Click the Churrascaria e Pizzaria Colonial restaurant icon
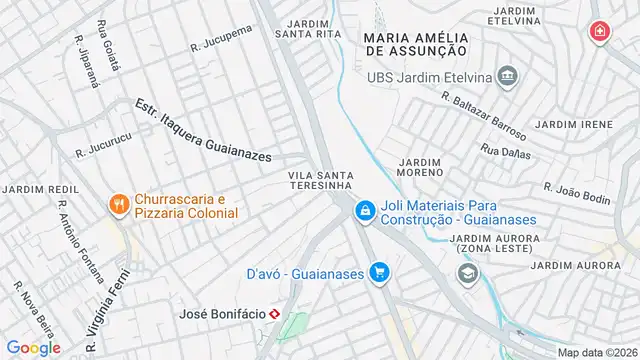(x=119, y=204)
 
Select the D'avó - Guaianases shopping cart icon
(x=378, y=271)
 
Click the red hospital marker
(x=599, y=33)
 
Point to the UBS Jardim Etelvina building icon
(x=508, y=77)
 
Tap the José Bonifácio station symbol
(x=289, y=315)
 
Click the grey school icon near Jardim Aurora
(x=467, y=273)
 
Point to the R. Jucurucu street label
(x=102, y=149)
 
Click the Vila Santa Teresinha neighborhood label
(x=321, y=180)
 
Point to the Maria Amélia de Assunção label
(x=416, y=41)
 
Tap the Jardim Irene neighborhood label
(x=573, y=124)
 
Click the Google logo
(x=33, y=347)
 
